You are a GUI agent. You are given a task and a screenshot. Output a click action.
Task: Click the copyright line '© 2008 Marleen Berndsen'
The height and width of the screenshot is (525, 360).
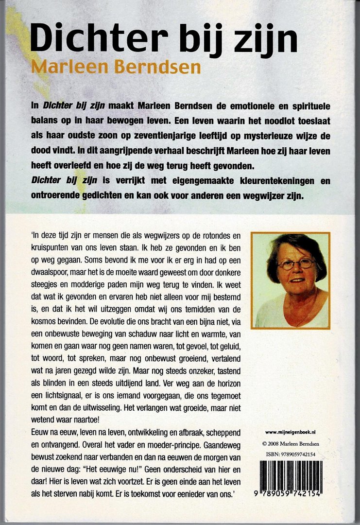(291, 443)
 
